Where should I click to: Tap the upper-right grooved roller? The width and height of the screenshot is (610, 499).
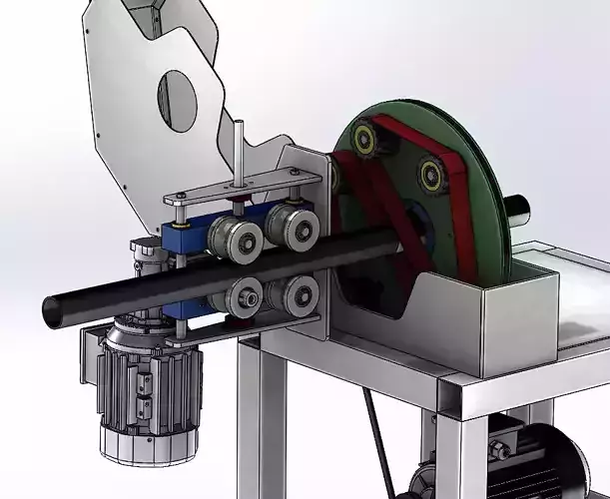(296, 228)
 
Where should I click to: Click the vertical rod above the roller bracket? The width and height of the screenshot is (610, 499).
(238, 150)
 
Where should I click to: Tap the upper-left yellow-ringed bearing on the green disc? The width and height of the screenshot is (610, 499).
(362, 138)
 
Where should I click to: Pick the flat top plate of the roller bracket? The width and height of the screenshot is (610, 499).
(245, 189)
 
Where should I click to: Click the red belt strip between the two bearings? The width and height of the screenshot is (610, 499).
(399, 142)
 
